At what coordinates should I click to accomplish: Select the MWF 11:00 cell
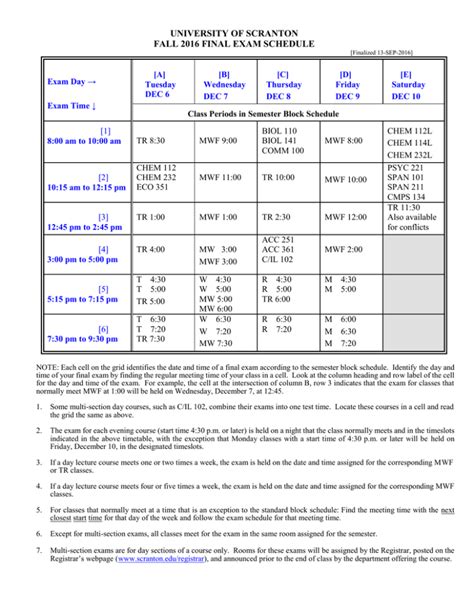(x=221, y=177)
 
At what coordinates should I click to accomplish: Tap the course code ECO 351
(x=156, y=187)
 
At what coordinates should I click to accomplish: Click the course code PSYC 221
(x=405, y=167)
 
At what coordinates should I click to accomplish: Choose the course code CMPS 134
(x=406, y=198)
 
